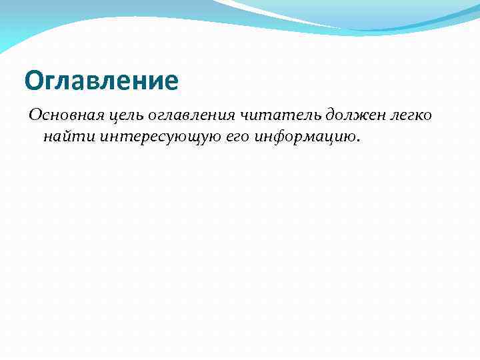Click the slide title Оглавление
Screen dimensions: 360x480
(101, 81)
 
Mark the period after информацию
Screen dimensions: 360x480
(358, 141)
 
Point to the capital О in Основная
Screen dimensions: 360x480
(34, 115)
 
